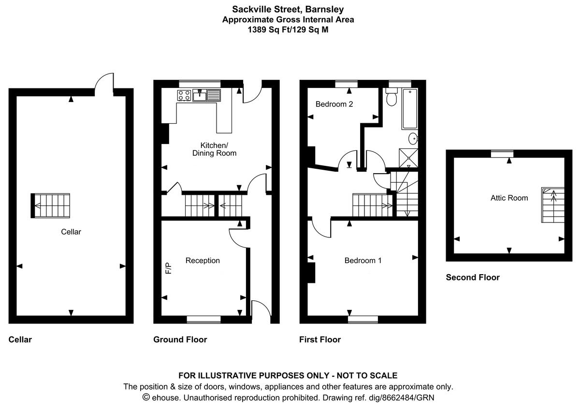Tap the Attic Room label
[x=509, y=198]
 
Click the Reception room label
[x=203, y=261]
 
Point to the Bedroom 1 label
[x=362, y=261]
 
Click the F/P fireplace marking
[x=169, y=268]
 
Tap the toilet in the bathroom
[x=391, y=99]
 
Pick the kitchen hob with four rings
[x=184, y=95]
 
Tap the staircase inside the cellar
[x=51, y=205]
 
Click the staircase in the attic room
[x=552, y=205]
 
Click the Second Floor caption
[x=472, y=278]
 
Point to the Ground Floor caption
[x=180, y=339]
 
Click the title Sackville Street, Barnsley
[x=288, y=9]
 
